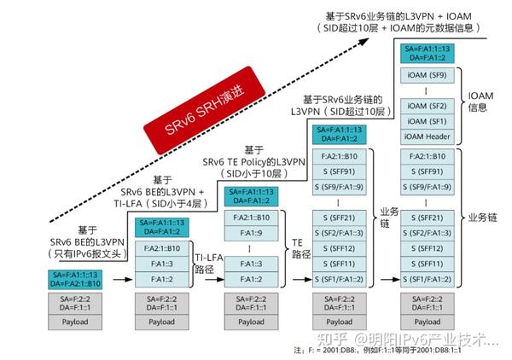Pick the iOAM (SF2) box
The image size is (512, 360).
point(428,107)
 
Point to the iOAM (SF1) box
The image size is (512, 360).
point(428,122)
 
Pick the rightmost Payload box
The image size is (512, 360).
point(428,322)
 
